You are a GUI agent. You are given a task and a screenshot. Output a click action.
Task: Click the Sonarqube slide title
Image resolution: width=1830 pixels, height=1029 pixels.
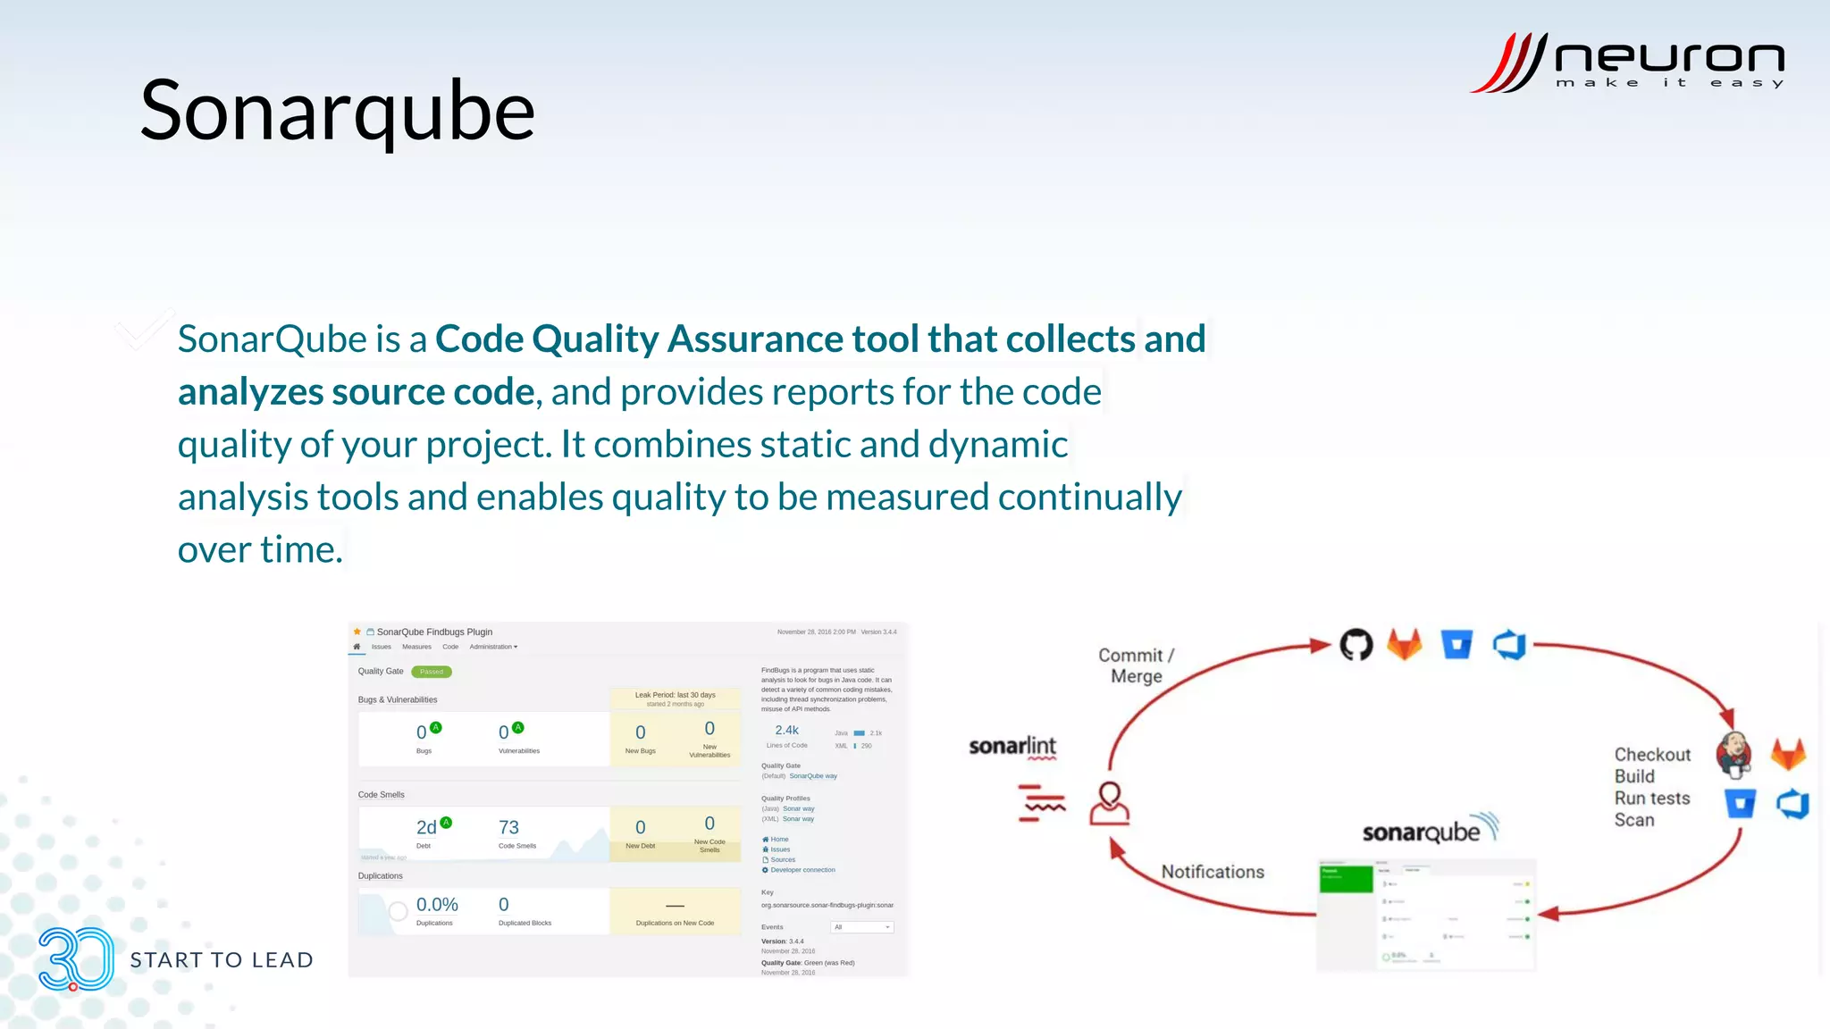[x=337, y=112]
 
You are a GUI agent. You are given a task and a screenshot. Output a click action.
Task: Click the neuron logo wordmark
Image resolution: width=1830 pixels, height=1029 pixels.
[x=1668, y=58]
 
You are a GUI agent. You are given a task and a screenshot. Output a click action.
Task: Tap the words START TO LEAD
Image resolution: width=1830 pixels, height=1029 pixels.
[x=222, y=960]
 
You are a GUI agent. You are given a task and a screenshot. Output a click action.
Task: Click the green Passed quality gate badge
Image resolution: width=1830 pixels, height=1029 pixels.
[x=432, y=672]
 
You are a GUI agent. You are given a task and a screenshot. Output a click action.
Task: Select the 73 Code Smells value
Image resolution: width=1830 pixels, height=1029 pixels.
[x=508, y=827]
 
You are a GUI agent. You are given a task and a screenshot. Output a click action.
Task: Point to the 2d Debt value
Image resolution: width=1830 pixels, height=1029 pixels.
[x=426, y=827]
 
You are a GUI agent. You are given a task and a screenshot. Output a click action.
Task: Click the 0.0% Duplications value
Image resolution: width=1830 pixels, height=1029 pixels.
[x=437, y=905]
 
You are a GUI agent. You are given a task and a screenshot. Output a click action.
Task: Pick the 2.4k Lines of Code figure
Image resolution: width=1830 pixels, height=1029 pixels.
[x=786, y=730]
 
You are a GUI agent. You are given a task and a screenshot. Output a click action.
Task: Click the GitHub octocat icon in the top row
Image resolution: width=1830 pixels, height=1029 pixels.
[x=1356, y=644]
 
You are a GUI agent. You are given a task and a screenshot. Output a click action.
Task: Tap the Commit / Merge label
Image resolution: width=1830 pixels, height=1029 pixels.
[x=1136, y=665]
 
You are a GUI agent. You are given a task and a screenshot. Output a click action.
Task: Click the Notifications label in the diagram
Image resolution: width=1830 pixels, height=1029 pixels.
[x=1213, y=872]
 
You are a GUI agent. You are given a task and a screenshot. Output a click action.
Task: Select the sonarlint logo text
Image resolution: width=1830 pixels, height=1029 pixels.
[x=1012, y=746]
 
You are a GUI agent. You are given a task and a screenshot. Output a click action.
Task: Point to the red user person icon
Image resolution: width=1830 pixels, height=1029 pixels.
[x=1109, y=803]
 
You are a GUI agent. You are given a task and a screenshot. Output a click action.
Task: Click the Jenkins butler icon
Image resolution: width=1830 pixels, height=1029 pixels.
[x=1733, y=753]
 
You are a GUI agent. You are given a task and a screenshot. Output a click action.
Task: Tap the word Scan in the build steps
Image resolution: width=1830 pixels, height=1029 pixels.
[x=1633, y=820]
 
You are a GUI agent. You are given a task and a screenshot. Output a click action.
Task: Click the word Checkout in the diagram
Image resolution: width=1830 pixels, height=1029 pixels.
[x=1652, y=755]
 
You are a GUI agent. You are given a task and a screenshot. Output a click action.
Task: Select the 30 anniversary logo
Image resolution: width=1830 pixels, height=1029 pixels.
[x=76, y=959]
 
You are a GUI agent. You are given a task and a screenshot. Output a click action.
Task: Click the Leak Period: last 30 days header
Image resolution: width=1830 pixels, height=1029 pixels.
[x=675, y=695]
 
